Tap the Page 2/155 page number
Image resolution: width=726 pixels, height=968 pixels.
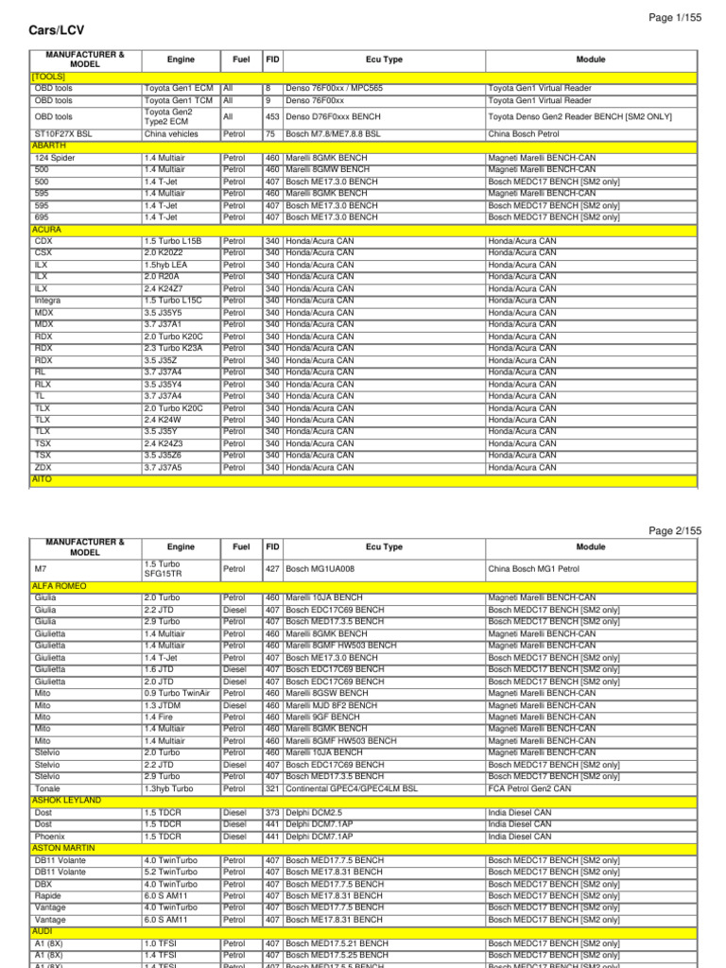tap(675, 531)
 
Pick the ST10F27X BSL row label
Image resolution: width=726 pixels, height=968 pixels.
tap(63, 134)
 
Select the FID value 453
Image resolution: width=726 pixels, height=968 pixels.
tap(272, 116)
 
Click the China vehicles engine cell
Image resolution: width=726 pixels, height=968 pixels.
tap(171, 134)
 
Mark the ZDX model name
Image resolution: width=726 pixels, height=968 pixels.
tap(43, 467)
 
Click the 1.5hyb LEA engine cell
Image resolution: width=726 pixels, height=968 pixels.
tap(167, 265)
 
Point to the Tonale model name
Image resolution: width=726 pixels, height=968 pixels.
tap(48, 788)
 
